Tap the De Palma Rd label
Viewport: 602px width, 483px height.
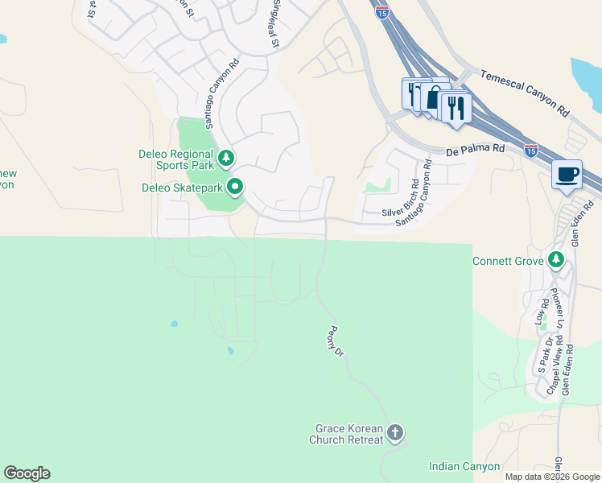click(x=476, y=149)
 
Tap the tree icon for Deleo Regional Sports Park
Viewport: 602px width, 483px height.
click(x=227, y=157)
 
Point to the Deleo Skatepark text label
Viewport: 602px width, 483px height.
click(x=182, y=188)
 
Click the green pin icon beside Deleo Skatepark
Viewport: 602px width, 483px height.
click(x=236, y=188)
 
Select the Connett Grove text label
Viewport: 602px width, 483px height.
click(x=509, y=261)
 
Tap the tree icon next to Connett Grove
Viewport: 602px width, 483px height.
click(x=555, y=259)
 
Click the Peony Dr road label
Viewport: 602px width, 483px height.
click(x=336, y=341)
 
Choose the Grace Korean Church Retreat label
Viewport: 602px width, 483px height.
click(x=347, y=434)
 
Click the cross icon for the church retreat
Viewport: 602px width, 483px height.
click(x=394, y=433)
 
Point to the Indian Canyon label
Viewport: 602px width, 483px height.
click(x=464, y=466)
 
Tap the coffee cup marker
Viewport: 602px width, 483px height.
click(x=567, y=174)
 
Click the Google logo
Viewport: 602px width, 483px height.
click(x=27, y=473)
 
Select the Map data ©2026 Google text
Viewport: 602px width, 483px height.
click(x=552, y=477)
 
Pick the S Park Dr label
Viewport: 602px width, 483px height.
click(x=544, y=360)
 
